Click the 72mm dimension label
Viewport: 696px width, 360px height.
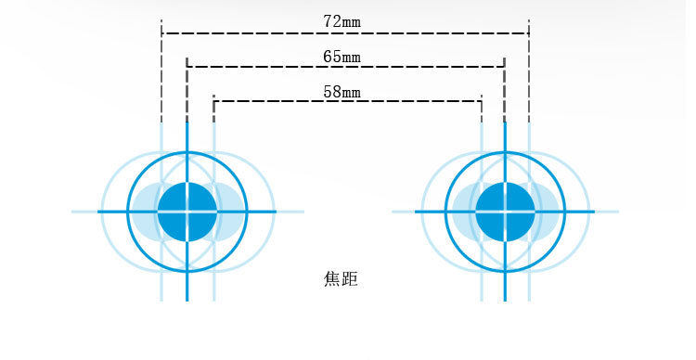pos(342,20)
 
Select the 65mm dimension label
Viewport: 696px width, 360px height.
pos(342,57)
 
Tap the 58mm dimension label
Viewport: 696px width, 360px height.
pos(342,92)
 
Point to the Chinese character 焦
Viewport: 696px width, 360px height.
pos(331,278)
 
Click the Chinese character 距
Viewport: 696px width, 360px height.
pos(349,278)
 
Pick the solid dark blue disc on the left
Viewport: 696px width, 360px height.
pos(187,212)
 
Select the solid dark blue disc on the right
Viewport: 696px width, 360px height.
pos(505,212)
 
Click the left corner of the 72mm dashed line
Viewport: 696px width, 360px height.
pos(162,33)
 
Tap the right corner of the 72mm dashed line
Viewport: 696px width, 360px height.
pos(529,33)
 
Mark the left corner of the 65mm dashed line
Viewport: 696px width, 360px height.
pos(187,67)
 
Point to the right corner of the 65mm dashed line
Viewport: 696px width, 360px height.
pos(504,67)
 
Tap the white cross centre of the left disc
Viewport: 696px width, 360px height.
pos(187,212)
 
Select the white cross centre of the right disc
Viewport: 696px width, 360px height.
pos(505,212)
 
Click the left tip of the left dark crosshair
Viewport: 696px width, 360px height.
pos(99,212)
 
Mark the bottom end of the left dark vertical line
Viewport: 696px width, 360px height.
pos(187,300)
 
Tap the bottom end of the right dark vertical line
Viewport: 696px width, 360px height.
pos(505,300)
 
